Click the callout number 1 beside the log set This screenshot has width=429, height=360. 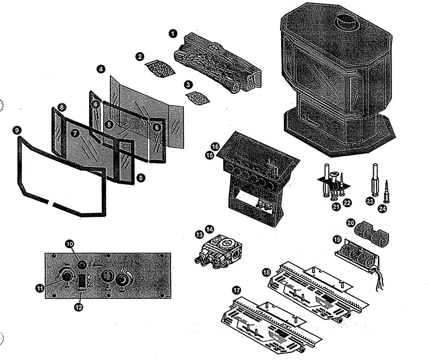point(173,33)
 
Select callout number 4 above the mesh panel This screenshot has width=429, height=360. point(101,69)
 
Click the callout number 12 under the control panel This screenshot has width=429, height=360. point(79,307)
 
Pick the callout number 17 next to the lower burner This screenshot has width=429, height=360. point(236,290)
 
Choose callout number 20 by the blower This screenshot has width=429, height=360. point(351,222)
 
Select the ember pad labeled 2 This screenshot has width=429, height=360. point(159,68)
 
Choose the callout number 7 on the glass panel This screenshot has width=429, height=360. point(75,132)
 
